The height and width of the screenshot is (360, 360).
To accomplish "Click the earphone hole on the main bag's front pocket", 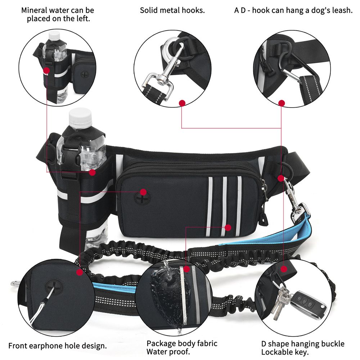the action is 142,198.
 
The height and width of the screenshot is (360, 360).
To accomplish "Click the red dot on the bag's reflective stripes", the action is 228,228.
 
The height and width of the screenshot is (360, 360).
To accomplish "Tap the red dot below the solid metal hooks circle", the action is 182,103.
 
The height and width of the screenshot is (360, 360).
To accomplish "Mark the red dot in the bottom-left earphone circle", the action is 80,273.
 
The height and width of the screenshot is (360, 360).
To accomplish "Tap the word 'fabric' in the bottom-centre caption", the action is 206,343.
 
